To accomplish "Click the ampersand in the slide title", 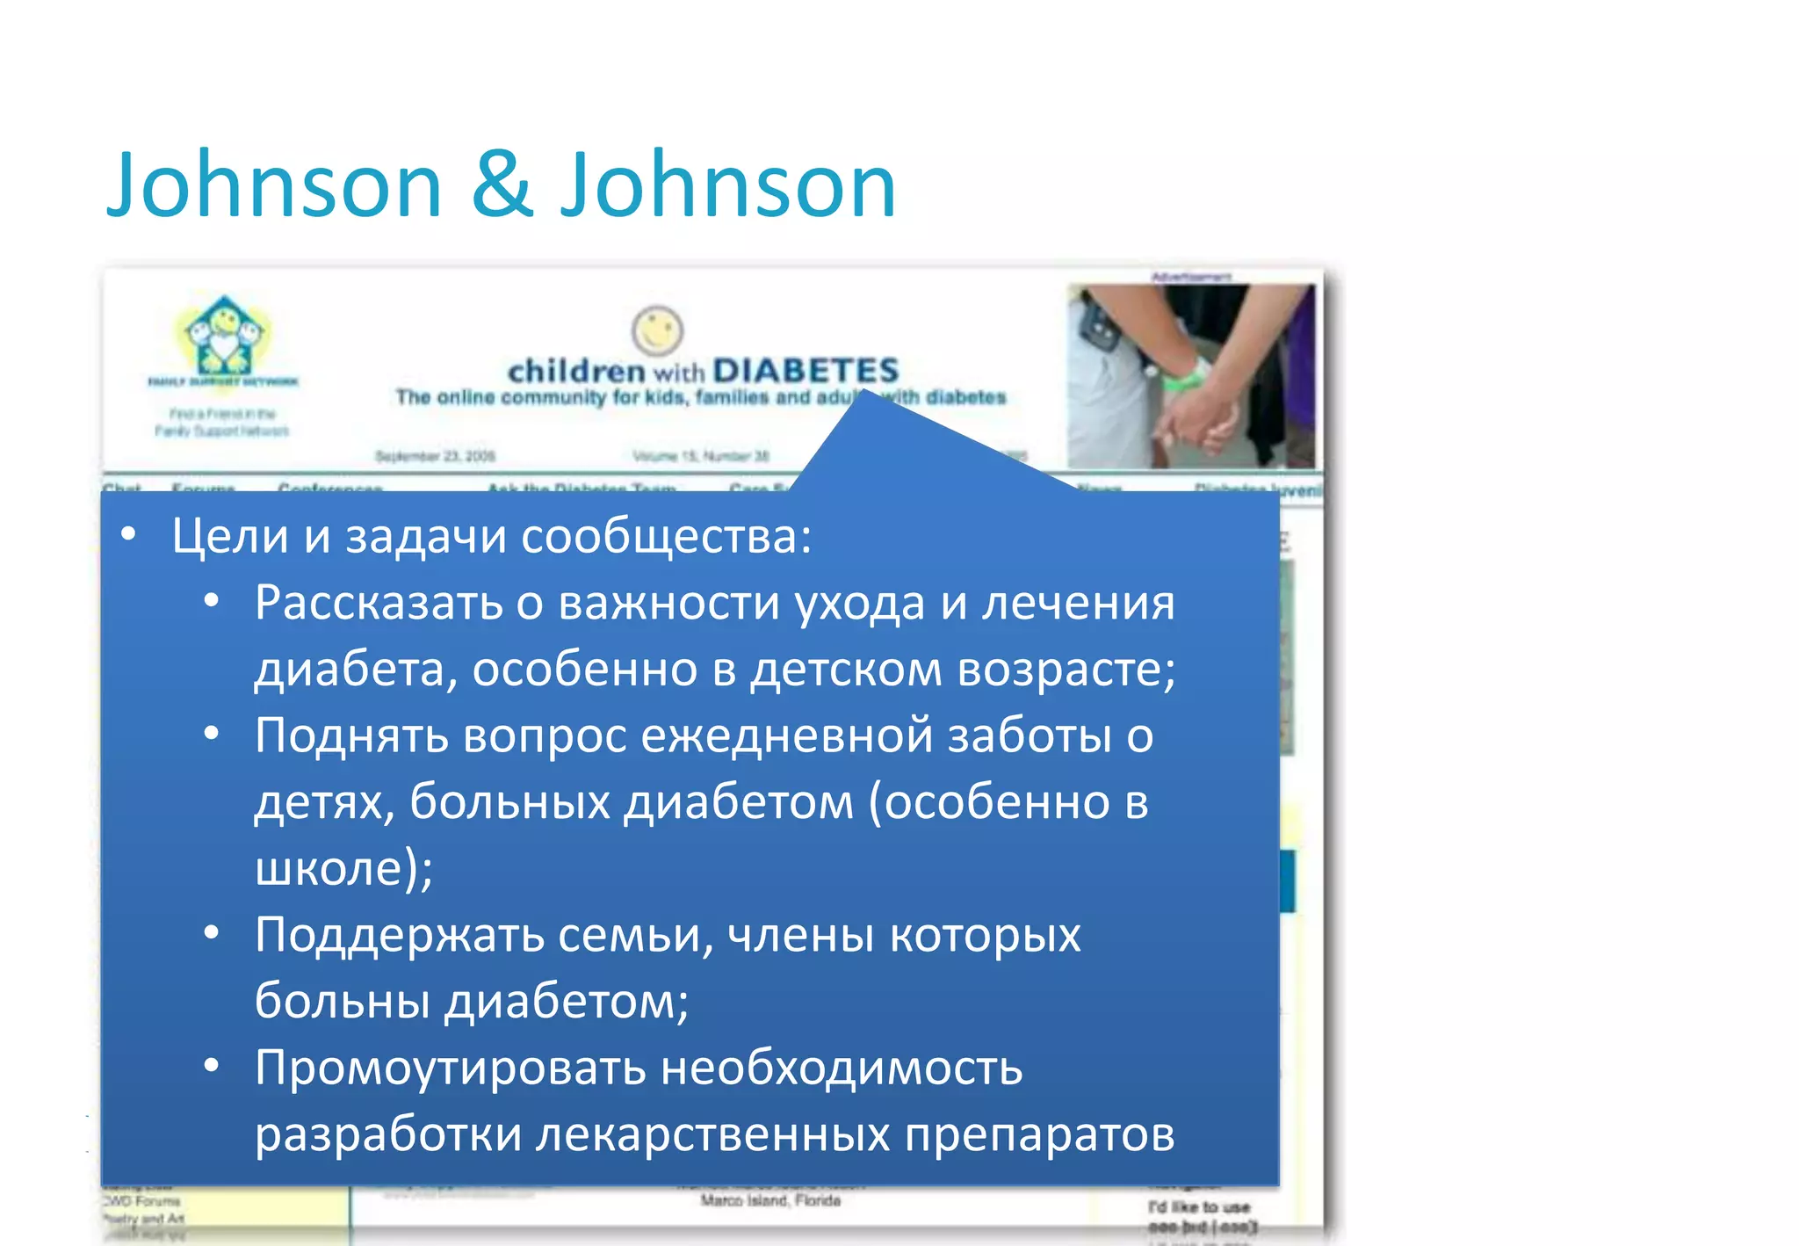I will [502, 186].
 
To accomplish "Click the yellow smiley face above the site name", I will [657, 331].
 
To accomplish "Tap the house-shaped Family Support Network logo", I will [224, 337].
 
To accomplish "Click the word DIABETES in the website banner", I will [806, 371].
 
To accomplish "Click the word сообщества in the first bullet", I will [666, 536].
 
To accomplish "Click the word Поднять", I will [350, 735].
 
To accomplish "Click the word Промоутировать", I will [450, 1068].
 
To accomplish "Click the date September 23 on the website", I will [435, 456].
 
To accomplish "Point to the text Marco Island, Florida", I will [770, 1200].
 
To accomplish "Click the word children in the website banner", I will [576, 371].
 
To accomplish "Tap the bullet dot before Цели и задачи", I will [129, 534].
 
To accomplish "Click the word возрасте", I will [1065, 670].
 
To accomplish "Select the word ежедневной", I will [786, 735].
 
